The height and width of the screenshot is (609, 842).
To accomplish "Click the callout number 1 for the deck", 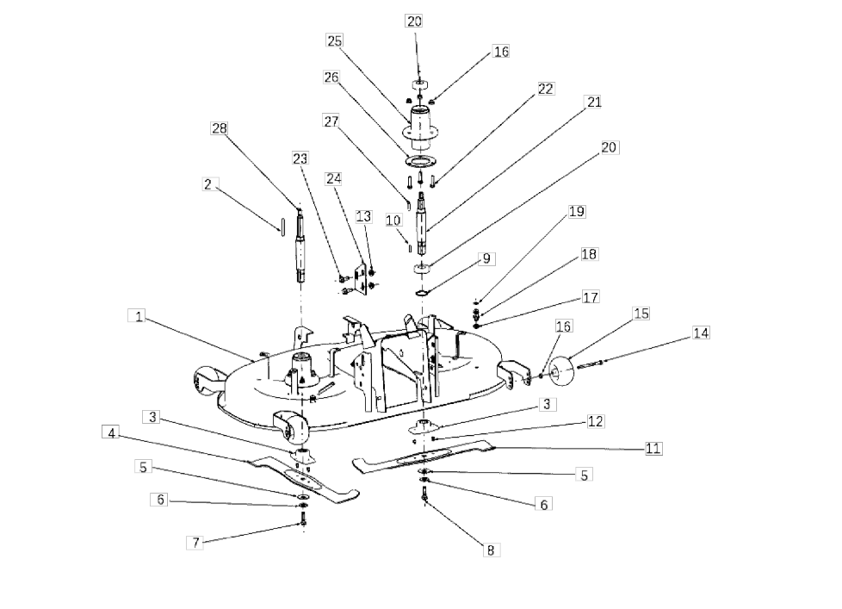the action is tap(139, 316).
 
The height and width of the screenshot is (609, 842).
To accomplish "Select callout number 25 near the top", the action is tap(334, 40).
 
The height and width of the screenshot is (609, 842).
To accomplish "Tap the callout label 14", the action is tap(700, 333).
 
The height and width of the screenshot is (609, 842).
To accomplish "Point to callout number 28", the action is tap(219, 128).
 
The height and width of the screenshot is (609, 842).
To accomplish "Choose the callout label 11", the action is tap(653, 449).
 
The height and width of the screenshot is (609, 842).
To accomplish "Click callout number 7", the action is tap(195, 543).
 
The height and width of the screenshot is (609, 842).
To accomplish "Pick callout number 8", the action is tap(490, 550).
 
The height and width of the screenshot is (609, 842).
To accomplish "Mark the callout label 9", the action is tap(486, 259).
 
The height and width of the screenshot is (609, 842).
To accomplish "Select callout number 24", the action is tap(333, 179).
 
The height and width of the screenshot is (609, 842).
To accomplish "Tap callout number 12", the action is tap(595, 421).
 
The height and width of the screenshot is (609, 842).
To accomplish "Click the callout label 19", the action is tap(576, 212).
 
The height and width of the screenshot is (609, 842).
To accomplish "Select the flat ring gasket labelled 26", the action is tap(420, 160).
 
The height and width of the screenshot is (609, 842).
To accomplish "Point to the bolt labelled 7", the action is tap(303, 519).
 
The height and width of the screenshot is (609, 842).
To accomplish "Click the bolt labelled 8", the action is tap(424, 494).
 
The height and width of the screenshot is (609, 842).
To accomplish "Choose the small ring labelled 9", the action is tap(423, 293).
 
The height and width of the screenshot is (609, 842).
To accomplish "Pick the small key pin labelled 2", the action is tap(281, 226).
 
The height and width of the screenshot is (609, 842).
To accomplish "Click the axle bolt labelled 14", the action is tap(590, 364).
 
